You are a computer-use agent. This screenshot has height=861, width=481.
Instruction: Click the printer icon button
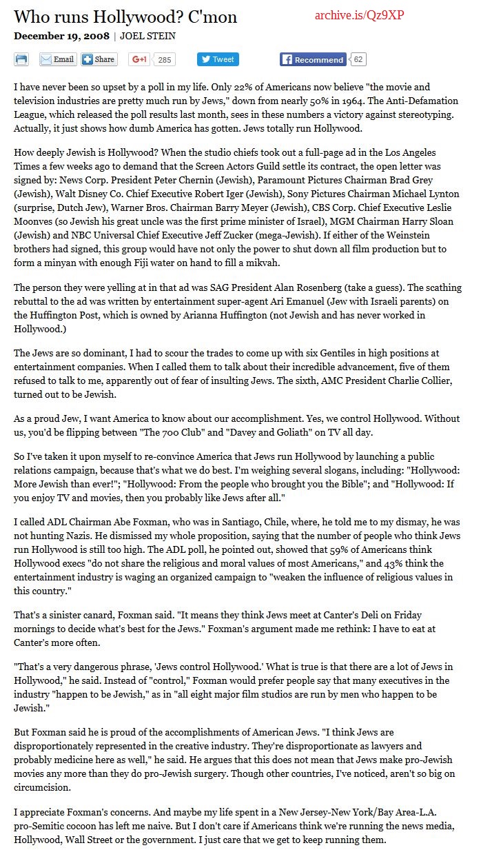pos(21,59)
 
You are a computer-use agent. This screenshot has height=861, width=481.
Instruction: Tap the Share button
pos(98,59)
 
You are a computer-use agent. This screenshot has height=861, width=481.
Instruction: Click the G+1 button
pos(140,59)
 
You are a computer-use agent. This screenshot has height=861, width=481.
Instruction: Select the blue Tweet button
pos(218,59)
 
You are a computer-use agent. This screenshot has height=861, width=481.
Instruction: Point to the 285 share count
pos(164,60)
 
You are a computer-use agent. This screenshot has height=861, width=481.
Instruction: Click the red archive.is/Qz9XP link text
pos(360,15)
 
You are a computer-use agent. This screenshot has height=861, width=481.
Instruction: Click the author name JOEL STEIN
pos(147,36)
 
